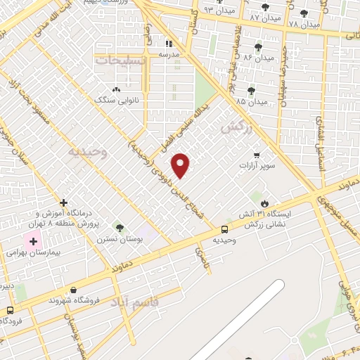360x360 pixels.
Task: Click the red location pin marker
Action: [181, 165]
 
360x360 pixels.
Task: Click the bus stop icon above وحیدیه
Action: [224, 229]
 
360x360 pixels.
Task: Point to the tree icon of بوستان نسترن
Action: [120, 228]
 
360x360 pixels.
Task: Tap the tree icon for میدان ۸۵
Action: [252, 91]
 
